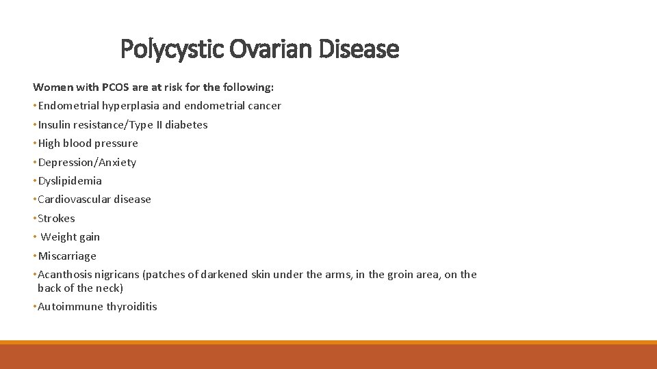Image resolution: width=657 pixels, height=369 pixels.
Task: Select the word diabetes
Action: coord(185,125)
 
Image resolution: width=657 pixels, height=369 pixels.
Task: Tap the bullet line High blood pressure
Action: coord(88,143)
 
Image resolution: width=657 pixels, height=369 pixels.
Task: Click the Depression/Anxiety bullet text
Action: coord(87,163)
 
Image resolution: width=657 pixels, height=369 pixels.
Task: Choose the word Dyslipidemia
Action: coord(70,181)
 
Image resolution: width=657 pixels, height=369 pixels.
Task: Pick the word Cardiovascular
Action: coord(76,200)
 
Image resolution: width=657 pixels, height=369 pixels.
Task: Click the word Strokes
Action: coord(56,219)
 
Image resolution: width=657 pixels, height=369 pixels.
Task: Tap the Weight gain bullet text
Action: coord(70,237)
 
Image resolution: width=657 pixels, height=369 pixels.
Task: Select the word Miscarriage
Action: coord(67,256)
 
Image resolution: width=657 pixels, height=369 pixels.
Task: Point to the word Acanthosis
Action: coord(66,275)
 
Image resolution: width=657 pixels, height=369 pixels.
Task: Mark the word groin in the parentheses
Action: coord(402,275)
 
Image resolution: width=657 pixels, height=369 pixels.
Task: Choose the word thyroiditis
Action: coord(131,307)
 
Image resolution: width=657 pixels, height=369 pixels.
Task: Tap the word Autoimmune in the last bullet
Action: coord(70,307)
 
